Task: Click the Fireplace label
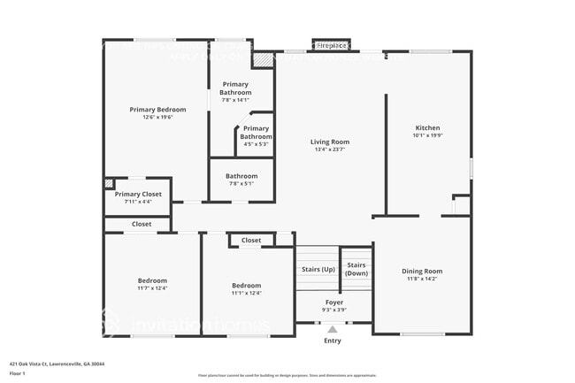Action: (333, 44)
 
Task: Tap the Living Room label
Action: (330, 142)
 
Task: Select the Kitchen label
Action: (428, 127)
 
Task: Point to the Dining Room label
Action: (422, 271)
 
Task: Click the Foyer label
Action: (333, 303)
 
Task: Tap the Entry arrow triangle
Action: (333, 330)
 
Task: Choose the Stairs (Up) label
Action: (318, 269)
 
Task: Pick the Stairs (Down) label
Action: (356, 269)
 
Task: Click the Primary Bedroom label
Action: (157, 110)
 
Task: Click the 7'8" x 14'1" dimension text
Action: (236, 100)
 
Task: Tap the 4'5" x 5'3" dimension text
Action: (257, 144)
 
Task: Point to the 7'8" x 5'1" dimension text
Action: (241, 183)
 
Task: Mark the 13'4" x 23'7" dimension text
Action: (330, 149)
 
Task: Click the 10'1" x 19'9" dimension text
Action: (428, 135)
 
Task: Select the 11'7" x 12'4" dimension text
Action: (152, 288)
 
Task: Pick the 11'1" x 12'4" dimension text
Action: (247, 293)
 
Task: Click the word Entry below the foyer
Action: (333, 341)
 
